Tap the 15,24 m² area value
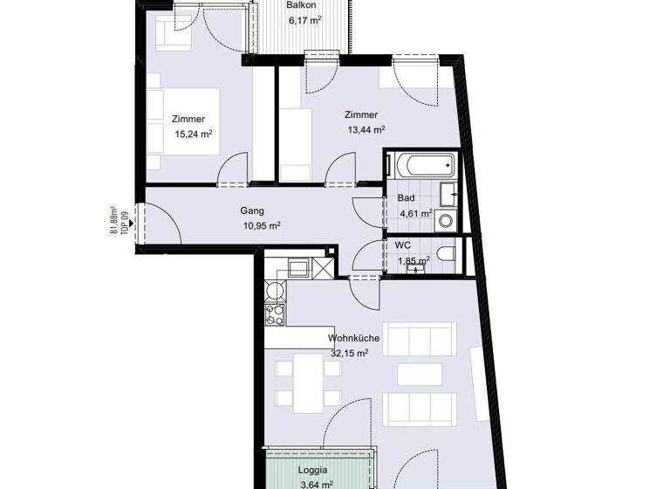tap(194, 134)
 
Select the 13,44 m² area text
tap(366, 129)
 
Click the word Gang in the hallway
tap(253, 210)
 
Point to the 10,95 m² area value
tap(261, 225)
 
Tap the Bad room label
tap(406, 198)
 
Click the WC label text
tap(403, 245)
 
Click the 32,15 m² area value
tap(349, 353)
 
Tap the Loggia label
tap(312, 469)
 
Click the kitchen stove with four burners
tap(277, 315)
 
